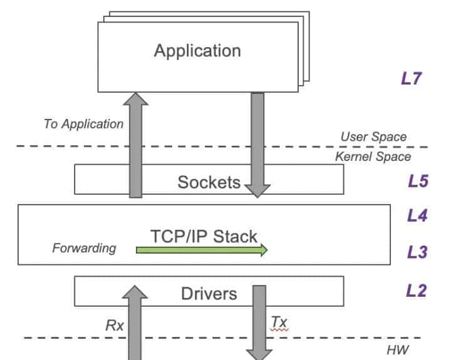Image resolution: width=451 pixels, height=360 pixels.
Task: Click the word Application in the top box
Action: pyautogui.click(x=197, y=50)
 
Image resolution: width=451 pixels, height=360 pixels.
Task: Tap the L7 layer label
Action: pyautogui.click(x=413, y=80)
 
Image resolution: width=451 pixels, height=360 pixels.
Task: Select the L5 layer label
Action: pyautogui.click(x=417, y=181)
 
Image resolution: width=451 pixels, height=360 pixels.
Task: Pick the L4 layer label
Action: pyautogui.click(x=417, y=216)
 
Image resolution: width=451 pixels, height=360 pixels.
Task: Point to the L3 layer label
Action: pyautogui.click(x=417, y=252)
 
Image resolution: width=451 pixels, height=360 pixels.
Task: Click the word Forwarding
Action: pyautogui.click(x=84, y=248)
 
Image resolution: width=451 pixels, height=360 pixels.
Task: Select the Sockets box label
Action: pyautogui.click(x=209, y=182)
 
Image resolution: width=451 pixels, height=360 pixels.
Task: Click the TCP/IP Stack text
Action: pyautogui.click(x=204, y=236)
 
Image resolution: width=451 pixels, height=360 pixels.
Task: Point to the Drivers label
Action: pyautogui.click(x=209, y=293)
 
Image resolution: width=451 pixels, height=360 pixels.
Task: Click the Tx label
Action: pyautogui.click(x=279, y=322)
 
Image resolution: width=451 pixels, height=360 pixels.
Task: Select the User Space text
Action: pyautogui.click(x=373, y=136)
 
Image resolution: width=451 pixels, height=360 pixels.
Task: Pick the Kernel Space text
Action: pyautogui.click(x=373, y=157)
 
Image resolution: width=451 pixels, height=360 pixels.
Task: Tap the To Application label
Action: pyautogui.click(x=83, y=123)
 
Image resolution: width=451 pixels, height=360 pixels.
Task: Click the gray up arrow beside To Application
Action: pyautogui.click(x=136, y=144)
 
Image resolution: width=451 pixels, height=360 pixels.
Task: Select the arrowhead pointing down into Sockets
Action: pyautogui.click(x=257, y=190)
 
